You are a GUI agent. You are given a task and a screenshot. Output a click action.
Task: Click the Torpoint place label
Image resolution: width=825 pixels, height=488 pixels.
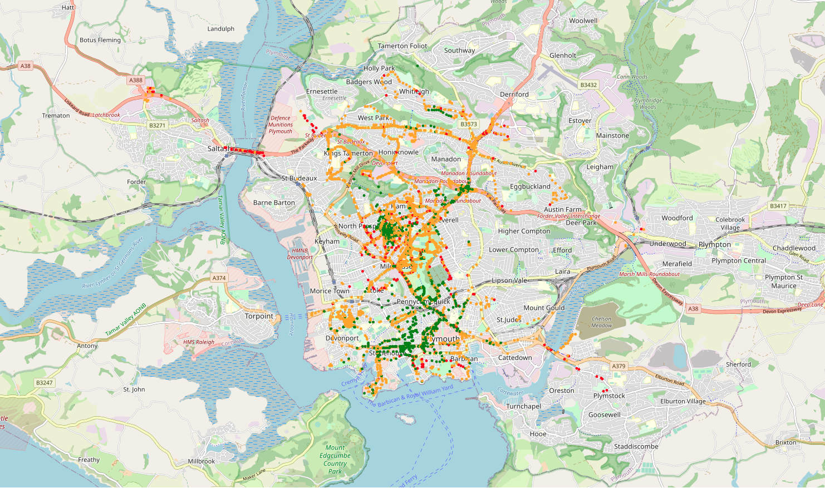pos(259,316)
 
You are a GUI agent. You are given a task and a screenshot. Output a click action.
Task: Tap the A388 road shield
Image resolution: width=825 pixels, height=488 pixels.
pos(136,80)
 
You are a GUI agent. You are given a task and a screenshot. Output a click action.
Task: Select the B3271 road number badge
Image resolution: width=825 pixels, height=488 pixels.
pos(158,125)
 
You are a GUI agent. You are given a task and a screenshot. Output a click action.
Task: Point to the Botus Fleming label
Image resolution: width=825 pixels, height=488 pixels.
pos(100,40)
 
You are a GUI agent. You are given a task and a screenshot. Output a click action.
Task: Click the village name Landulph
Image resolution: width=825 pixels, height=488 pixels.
pos(221,29)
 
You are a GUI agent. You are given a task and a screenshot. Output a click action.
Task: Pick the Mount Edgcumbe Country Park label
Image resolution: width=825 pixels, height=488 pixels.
pos(335,459)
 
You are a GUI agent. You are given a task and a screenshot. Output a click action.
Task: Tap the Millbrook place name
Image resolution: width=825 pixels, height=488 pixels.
pos(202,461)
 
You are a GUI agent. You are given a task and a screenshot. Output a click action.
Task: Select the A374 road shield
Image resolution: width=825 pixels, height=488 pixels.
pos(219,278)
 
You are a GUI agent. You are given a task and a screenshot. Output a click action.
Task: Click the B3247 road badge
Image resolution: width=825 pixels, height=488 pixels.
pos(45,382)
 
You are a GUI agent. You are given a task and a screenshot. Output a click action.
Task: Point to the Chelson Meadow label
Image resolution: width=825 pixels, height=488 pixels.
pos(601,322)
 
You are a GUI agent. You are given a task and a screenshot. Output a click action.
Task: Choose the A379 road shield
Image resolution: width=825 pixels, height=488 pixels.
pos(618,366)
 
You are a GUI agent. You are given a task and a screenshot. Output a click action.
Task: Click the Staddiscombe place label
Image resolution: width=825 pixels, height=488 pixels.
pos(636,446)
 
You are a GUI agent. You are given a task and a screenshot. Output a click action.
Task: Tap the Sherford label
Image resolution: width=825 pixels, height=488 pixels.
pos(738,364)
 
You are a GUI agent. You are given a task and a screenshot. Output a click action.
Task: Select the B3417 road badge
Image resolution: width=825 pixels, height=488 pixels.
pos(778,206)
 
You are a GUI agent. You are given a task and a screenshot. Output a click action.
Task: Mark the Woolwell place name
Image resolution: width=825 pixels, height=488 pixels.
pos(583,21)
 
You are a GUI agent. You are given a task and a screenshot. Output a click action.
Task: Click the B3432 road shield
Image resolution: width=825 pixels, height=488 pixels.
pos(588,85)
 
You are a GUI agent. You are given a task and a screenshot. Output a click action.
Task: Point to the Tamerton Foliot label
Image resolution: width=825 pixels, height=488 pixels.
pos(402,46)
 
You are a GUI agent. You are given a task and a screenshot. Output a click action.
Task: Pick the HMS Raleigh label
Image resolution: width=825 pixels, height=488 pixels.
pos(199,342)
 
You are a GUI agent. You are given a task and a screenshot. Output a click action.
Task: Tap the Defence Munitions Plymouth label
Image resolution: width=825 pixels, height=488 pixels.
pos(281,125)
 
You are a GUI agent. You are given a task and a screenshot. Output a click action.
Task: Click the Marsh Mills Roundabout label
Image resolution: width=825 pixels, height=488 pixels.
pos(649,274)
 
